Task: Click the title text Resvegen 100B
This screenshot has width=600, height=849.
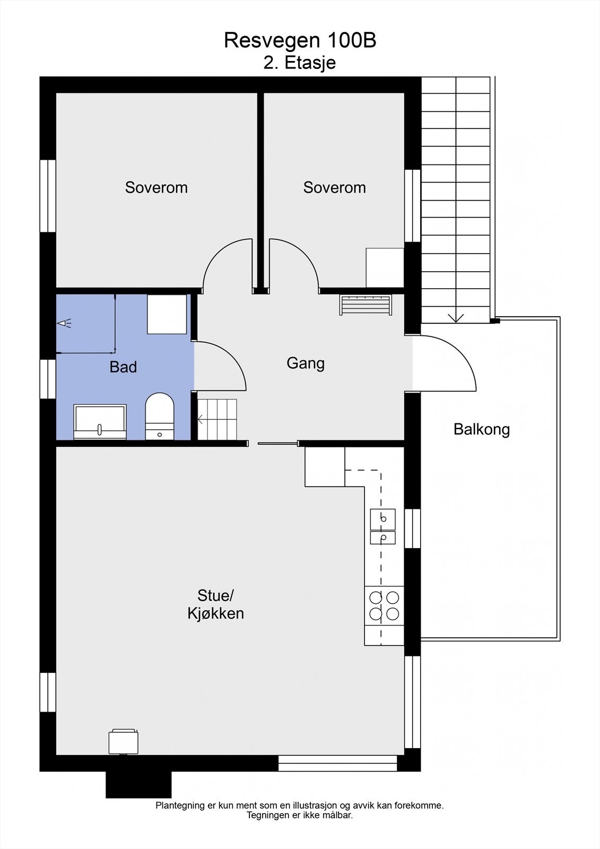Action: (x=300, y=40)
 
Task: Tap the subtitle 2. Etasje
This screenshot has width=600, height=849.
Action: (x=300, y=63)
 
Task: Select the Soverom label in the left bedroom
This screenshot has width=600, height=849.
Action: (x=156, y=187)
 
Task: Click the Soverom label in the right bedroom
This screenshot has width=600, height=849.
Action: (x=334, y=187)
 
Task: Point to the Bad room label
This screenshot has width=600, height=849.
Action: (x=123, y=367)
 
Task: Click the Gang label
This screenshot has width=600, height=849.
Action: (x=306, y=363)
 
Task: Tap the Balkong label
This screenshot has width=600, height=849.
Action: (x=481, y=429)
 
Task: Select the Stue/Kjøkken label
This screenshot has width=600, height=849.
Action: (x=215, y=604)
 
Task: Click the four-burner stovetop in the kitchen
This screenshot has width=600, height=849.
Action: (x=384, y=605)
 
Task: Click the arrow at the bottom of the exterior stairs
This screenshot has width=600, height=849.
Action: (x=456, y=317)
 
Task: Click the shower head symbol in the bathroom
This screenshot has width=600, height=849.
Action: (x=64, y=323)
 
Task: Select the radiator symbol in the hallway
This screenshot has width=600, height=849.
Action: (x=366, y=305)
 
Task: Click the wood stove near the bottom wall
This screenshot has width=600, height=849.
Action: (x=124, y=741)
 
